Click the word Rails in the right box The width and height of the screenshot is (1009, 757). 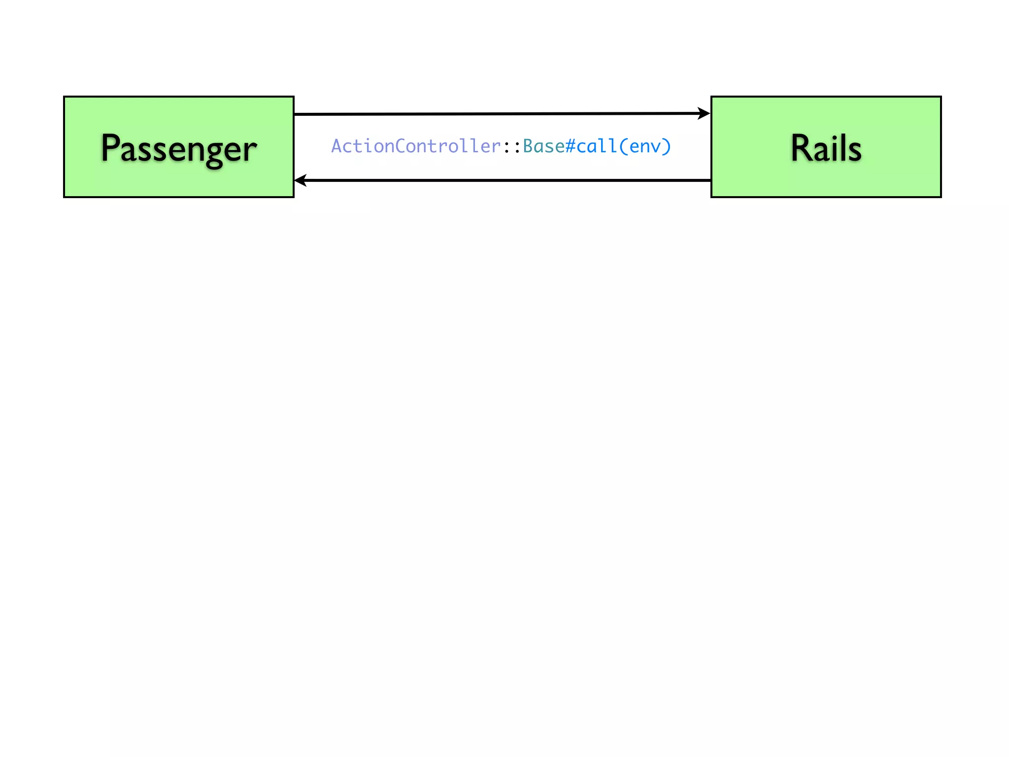tap(826, 148)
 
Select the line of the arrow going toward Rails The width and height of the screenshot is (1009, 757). tap(493, 114)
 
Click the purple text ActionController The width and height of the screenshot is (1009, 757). tap(416, 146)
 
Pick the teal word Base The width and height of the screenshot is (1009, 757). tap(544, 146)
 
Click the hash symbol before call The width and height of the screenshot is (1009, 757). tap(571, 146)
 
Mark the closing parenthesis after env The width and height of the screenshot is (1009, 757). tap(667, 146)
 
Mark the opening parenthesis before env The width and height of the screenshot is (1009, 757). tap(624, 146)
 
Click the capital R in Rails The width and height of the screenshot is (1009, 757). tap(801, 148)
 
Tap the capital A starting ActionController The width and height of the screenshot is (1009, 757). tap(337, 146)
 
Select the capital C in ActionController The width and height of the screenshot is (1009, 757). tap(401, 146)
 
